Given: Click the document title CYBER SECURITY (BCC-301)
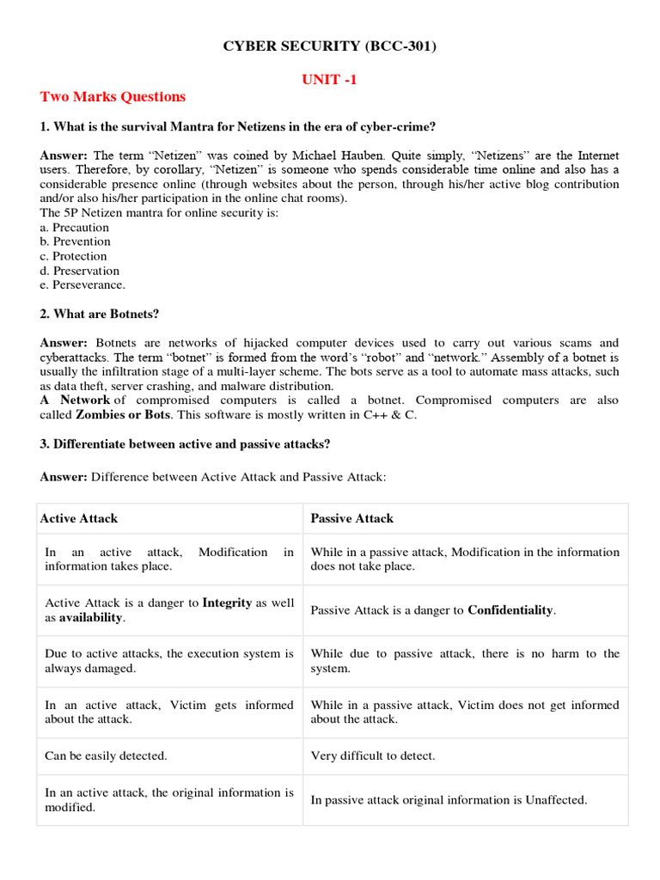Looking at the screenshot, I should (x=330, y=46).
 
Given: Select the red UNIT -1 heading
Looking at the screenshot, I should (x=330, y=79).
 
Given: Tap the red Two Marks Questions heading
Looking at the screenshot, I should (x=113, y=96).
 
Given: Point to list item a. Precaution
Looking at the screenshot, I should (x=75, y=228).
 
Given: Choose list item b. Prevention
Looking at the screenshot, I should (x=76, y=241).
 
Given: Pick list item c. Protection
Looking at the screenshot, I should (x=74, y=256).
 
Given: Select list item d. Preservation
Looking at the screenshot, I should (x=80, y=271).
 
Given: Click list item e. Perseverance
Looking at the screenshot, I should (x=82, y=284).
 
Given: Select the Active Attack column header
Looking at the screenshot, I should (x=79, y=518).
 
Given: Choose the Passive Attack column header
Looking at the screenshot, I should (x=352, y=518).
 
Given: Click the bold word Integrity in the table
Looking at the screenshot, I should (x=227, y=603).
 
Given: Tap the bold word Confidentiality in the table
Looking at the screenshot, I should (x=510, y=610).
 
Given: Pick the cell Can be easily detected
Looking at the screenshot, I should (x=106, y=756).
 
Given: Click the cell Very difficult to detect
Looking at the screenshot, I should (x=373, y=756).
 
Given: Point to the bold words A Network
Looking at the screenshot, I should (x=75, y=400).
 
